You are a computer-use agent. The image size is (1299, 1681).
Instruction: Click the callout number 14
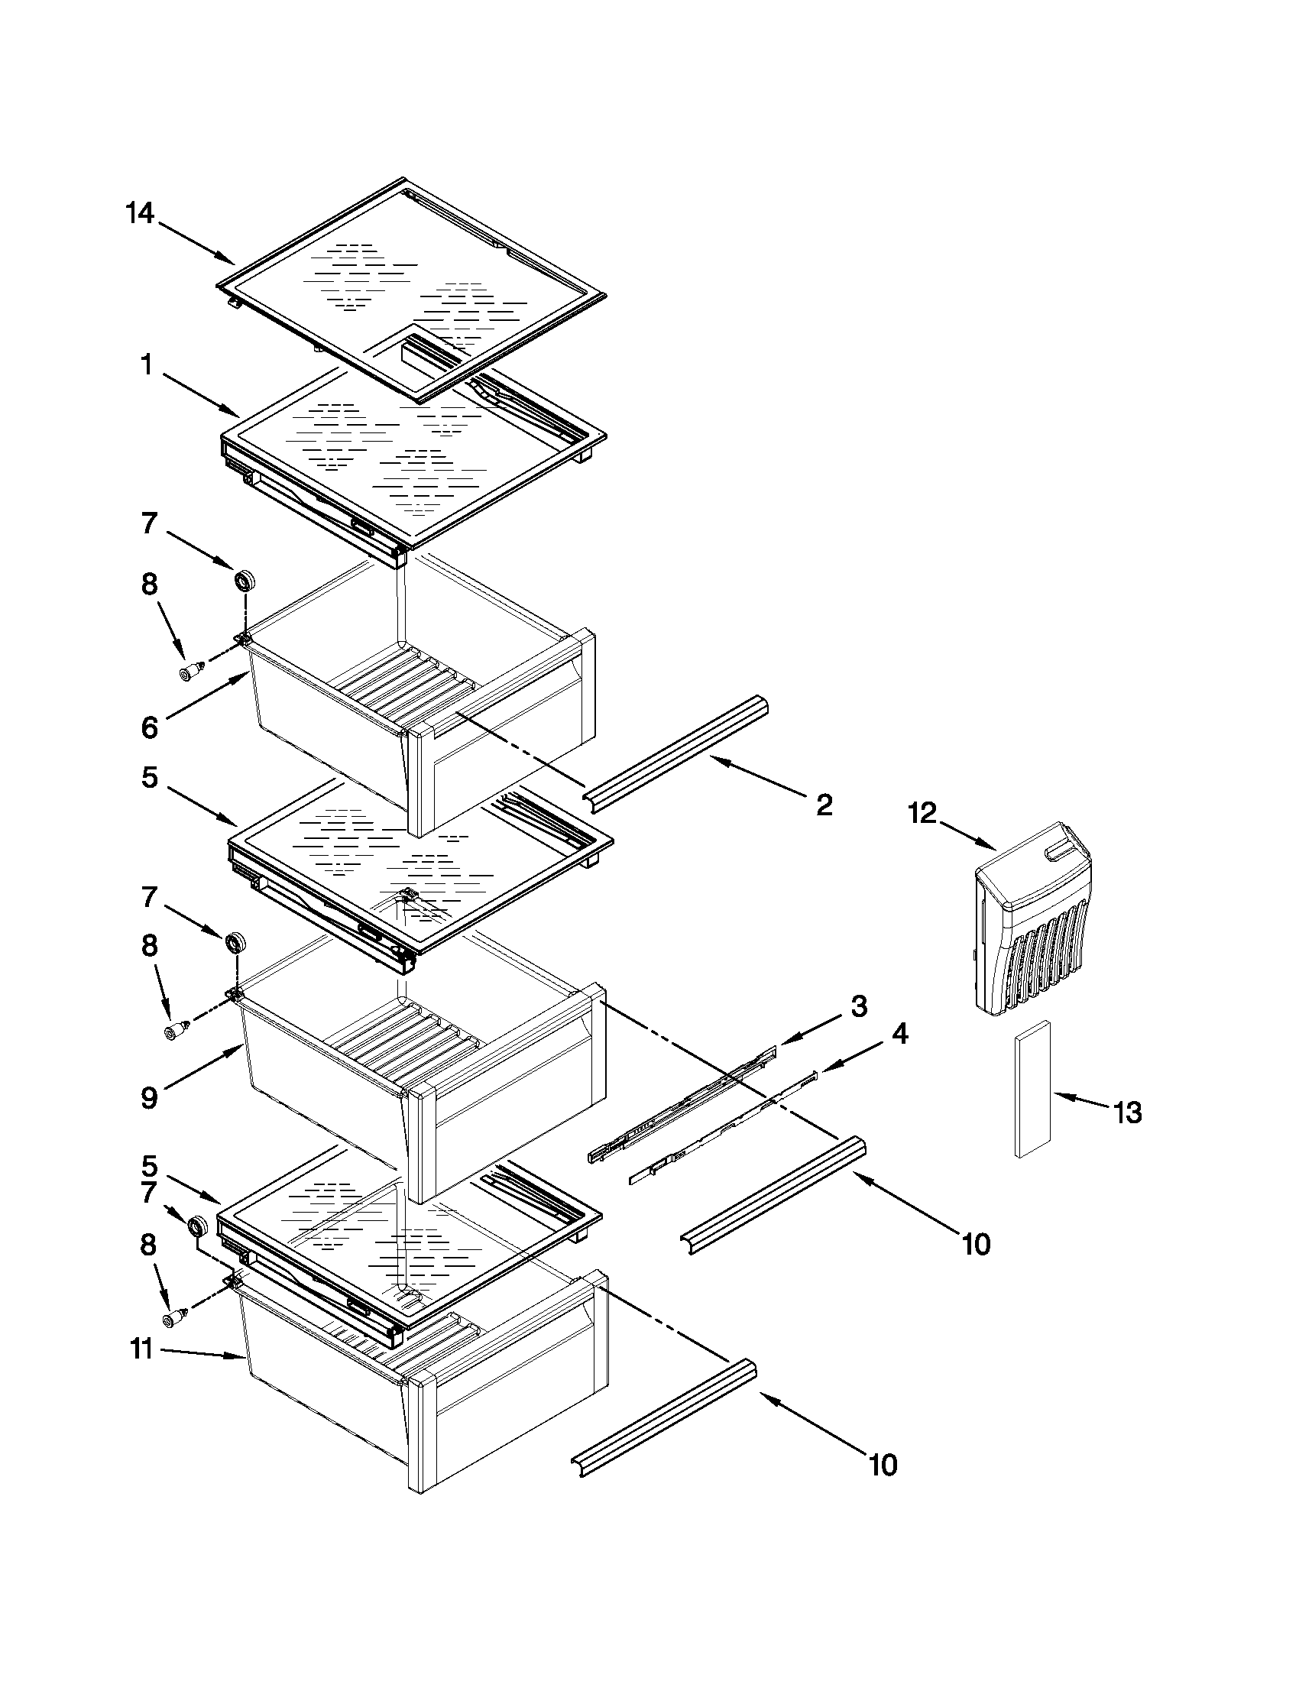pos(140,213)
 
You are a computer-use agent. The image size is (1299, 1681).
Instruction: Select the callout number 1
pos(146,365)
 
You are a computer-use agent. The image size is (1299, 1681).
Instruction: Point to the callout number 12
pos(923,813)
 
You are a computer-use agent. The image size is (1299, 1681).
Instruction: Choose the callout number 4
pos(899,1034)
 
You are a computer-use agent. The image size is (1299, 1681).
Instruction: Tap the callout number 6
pos(149,728)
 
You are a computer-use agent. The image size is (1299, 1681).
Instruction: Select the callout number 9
pos(149,1097)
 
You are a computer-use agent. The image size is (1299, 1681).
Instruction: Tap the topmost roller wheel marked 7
pos(245,579)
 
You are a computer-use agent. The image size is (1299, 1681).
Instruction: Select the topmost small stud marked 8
pos(190,671)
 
